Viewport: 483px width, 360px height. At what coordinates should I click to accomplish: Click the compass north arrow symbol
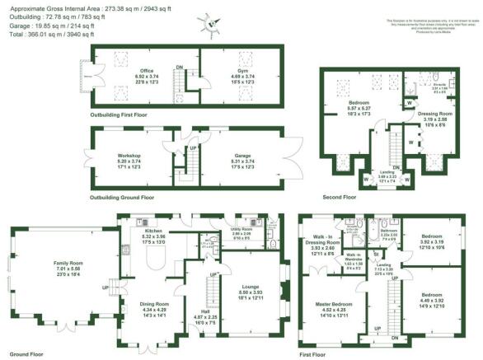213,24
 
